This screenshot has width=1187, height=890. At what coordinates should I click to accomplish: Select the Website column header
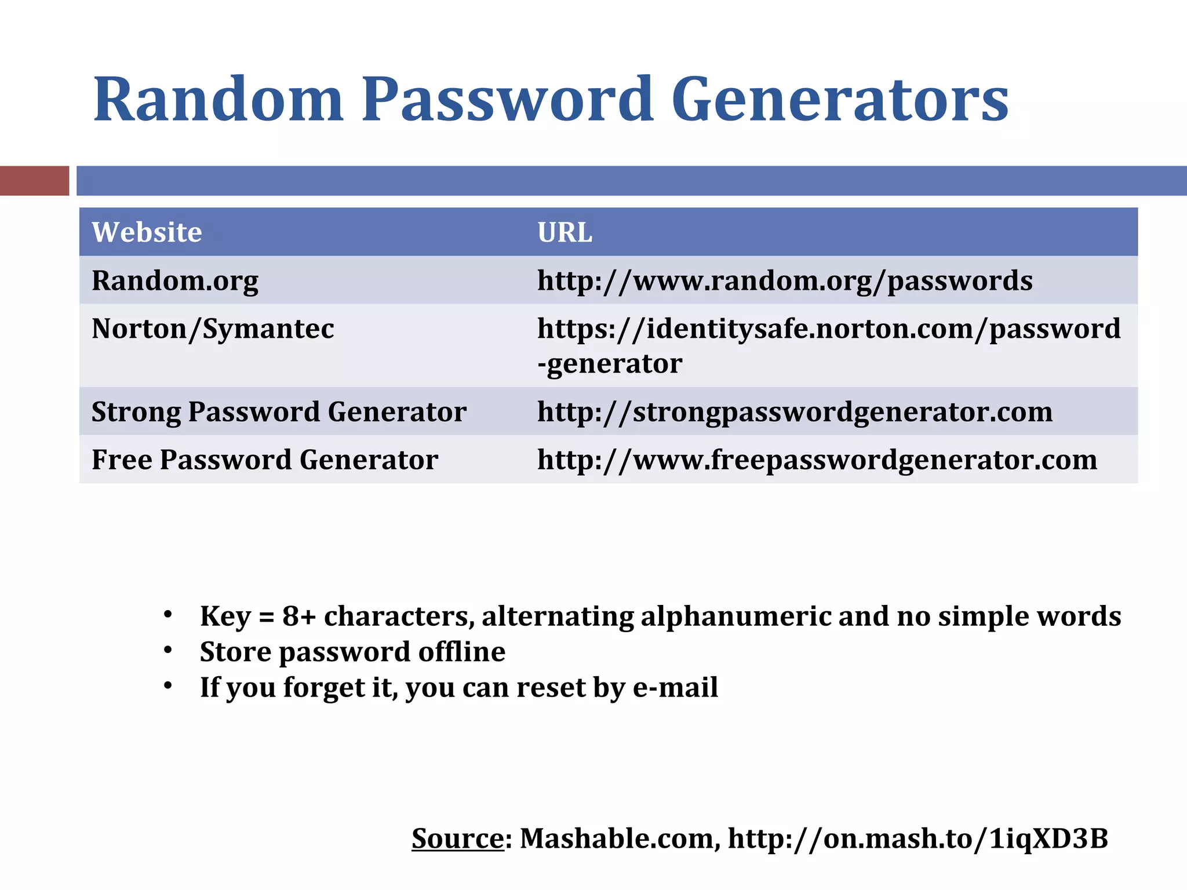coord(147,232)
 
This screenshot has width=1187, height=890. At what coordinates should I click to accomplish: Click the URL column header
coord(565,232)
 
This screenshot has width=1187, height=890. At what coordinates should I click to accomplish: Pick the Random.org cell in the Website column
coord(175,280)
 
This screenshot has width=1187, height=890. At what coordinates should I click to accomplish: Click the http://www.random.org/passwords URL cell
coord(784,280)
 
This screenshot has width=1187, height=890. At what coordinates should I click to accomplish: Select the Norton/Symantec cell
coord(213,329)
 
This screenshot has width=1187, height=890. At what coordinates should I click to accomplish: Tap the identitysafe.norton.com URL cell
coord(828,345)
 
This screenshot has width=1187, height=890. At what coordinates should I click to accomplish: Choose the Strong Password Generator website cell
coord(279,412)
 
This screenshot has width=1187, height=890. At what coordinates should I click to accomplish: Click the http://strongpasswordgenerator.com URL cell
coord(795,412)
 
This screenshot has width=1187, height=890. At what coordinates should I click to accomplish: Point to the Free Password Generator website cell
coord(264,460)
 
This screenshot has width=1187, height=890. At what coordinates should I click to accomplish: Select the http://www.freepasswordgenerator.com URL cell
coord(817,460)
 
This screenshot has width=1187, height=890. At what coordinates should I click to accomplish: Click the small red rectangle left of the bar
coord(34,180)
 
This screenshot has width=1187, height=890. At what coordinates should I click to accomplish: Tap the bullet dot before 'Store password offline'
coord(168,650)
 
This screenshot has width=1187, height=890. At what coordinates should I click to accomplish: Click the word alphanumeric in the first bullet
coord(735,616)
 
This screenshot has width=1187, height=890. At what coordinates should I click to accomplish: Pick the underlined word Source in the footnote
coord(457,838)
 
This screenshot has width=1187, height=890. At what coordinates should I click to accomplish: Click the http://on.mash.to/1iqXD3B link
coord(917,838)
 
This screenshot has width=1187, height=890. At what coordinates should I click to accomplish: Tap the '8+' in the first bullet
coord(299,616)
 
